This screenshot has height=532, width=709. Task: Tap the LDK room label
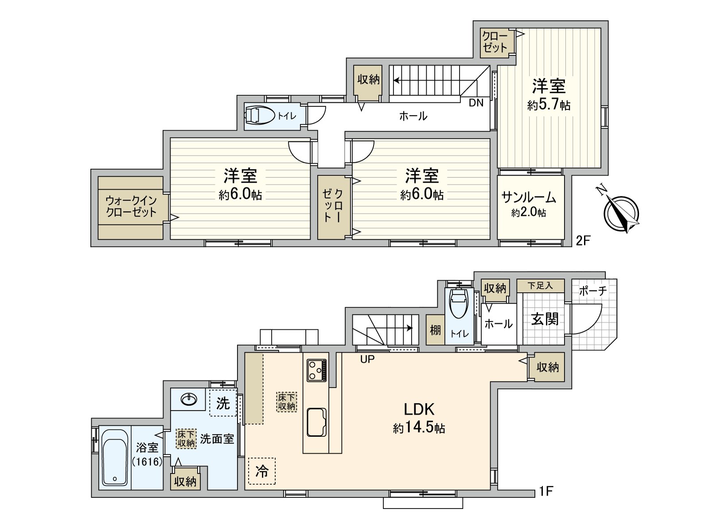point(418,408)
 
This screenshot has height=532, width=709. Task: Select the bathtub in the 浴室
point(115,458)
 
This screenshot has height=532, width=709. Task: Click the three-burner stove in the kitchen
point(317,370)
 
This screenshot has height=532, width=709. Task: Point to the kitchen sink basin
point(316,422)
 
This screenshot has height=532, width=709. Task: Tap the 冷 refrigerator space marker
point(262,471)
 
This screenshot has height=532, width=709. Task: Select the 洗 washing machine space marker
point(223,403)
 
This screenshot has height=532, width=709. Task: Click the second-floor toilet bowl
point(259,116)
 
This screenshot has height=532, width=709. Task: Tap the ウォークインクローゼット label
point(131,207)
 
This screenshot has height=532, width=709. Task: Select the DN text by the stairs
point(476,103)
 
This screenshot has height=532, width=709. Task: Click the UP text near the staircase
point(367,359)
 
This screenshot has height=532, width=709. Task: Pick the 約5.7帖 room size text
point(549,106)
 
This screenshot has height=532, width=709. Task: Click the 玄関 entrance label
point(545,319)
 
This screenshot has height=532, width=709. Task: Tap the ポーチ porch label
point(592,291)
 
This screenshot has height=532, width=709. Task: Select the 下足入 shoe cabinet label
point(540,286)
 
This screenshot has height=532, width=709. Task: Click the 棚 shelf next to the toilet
point(435,330)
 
